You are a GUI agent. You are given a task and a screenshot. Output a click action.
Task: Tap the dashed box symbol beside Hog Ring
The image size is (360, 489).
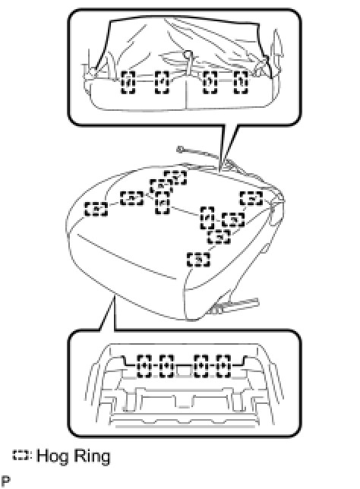(21, 455)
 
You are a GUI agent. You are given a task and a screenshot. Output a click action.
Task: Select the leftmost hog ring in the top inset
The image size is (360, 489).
(128, 82)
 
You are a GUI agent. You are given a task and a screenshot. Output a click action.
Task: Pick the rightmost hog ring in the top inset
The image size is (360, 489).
(242, 82)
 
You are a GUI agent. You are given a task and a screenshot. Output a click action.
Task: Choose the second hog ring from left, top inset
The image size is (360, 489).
(162, 82)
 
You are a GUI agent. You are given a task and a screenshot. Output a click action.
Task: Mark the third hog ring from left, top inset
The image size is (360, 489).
(210, 82)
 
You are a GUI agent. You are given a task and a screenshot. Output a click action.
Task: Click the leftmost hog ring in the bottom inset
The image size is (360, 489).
(144, 366)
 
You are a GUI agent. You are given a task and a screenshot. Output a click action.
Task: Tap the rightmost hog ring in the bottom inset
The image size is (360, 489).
(224, 366)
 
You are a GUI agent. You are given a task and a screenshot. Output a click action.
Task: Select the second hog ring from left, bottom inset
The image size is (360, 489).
(166, 366)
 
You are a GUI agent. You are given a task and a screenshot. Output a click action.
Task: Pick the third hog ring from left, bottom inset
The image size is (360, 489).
(201, 366)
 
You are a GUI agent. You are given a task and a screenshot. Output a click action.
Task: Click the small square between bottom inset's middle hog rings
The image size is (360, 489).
(184, 371)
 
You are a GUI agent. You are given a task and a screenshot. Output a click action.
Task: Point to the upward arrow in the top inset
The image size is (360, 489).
(277, 50)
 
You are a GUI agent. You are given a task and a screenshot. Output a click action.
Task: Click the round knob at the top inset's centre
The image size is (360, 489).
(187, 55)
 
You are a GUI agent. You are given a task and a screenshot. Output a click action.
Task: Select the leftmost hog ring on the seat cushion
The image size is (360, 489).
(96, 209)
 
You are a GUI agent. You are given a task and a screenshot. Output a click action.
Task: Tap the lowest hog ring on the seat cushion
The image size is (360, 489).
(198, 259)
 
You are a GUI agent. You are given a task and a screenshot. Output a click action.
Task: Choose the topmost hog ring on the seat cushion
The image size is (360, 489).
(175, 178)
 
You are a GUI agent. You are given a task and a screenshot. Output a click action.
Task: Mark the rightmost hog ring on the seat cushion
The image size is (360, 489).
(251, 198)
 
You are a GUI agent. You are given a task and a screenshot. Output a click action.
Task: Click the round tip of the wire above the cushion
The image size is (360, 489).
(180, 150)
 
